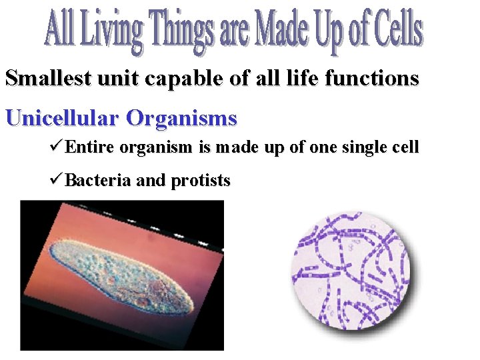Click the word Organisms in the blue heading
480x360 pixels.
pos(181,119)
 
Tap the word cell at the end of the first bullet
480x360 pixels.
pos(406,147)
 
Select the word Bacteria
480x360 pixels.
pos(98,180)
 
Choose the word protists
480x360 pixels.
pos(201,181)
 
